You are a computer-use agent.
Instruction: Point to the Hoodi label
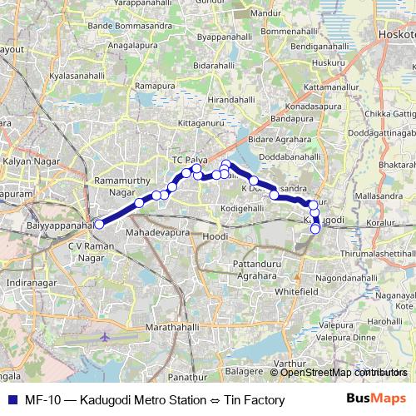click(x=215, y=237)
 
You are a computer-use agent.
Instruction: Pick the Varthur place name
click(x=290, y=363)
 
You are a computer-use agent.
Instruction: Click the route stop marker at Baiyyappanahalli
click(x=98, y=223)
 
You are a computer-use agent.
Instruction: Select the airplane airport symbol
click(x=104, y=338)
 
